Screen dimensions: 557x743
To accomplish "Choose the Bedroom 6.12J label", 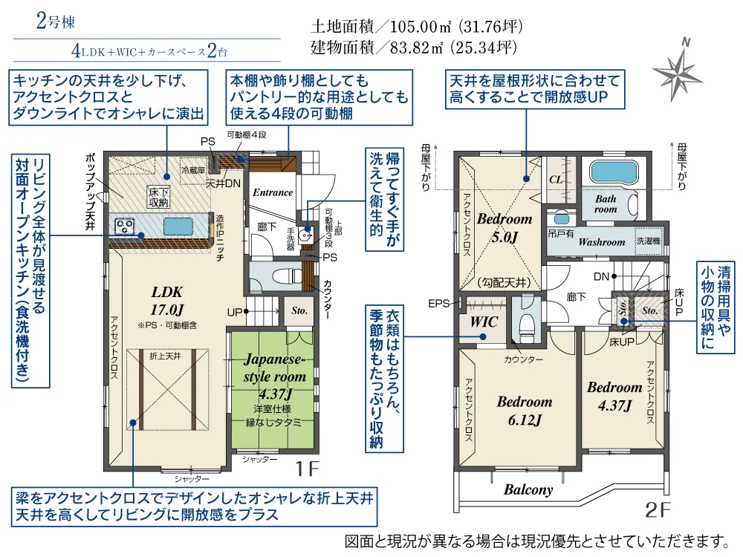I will (525, 411).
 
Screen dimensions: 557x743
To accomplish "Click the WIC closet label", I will (484, 322).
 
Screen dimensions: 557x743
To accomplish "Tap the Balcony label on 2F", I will (528, 489).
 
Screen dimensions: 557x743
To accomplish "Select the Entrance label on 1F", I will (273, 192).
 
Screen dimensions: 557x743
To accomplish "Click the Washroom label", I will (601, 242).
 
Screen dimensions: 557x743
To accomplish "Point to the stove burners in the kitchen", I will (124, 225).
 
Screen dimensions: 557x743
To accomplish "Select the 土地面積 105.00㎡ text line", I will (417, 28).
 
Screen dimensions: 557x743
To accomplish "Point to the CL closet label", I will (556, 180).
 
